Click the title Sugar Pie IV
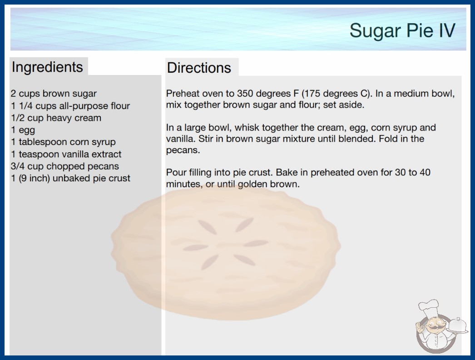click(x=402, y=30)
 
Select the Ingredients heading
click(x=47, y=67)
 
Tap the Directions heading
click(x=199, y=68)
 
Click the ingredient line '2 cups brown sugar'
click(x=54, y=94)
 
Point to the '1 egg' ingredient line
click(x=23, y=130)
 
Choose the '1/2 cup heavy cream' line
click(x=56, y=118)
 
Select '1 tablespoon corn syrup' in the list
click(x=63, y=142)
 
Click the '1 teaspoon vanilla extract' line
click(x=66, y=154)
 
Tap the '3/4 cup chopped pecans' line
click(x=65, y=166)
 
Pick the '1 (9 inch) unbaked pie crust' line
click(x=70, y=178)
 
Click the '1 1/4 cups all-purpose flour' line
click(x=70, y=105)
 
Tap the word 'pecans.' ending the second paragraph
click(x=183, y=150)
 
